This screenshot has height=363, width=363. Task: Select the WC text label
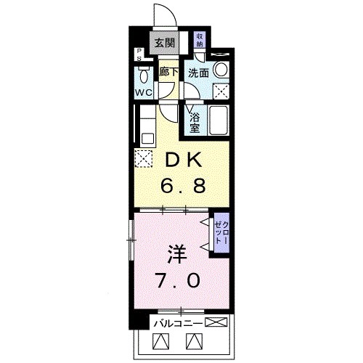[x=143, y=93]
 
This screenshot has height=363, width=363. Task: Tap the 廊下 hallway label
[x=168, y=72]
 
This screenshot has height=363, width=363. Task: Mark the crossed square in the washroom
[x=222, y=92]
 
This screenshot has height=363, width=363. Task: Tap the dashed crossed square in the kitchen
[x=143, y=158]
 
